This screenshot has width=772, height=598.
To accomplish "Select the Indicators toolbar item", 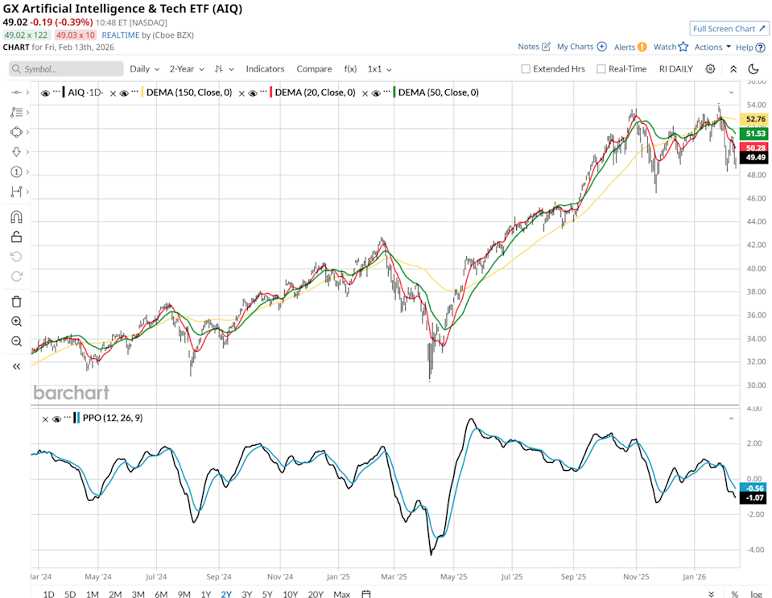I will pyautogui.click(x=265, y=68).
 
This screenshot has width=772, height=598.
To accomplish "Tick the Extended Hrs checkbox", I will pyautogui.click(x=526, y=68).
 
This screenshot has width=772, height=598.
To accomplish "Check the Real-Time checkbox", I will pyautogui.click(x=601, y=68).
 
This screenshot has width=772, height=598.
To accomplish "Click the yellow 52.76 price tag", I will pyautogui.click(x=753, y=119).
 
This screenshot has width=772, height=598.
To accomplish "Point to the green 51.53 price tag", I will pyautogui.click(x=753, y=133).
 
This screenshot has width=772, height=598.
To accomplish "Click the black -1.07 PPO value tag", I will pyautogui.click(x=753, y=498).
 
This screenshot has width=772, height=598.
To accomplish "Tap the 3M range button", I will pyautogui.click(x=138, y=594).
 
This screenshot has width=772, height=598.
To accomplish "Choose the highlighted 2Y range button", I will pyautogui.click(x=226, y=594).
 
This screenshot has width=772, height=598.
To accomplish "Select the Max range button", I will pyautogui.click(x=341, y=594).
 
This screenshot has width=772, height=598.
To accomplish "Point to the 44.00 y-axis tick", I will pyautogui.click(x=754, y=221).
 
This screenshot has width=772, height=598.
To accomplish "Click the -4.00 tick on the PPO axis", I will pyautogui.click(x=754, y=550).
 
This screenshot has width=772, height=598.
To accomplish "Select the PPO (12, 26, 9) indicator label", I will pyautogui.click(x=112, y=418).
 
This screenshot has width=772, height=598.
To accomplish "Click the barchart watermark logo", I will pyautogui.click(x=71, y=393).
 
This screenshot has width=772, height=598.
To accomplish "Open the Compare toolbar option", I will pyautogui.click(x=314, y=68).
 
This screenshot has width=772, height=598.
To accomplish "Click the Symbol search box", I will pyautogui.click(x=66, y=68).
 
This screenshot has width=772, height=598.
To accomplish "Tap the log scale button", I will pyautogui.click(x=756, y=594).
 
